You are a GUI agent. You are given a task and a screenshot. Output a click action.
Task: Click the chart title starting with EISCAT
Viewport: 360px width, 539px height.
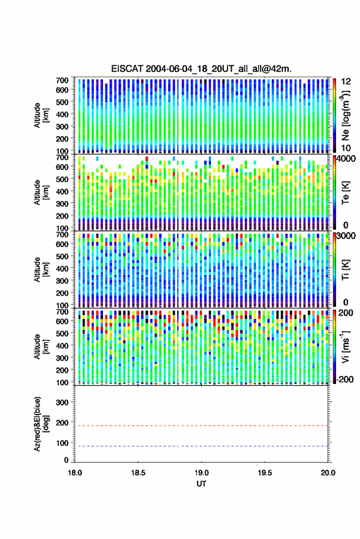[201, 69]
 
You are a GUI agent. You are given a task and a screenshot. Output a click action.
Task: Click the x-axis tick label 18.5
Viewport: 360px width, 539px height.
[138, 473]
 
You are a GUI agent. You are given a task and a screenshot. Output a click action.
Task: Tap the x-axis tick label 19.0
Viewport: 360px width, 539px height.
[201, 473]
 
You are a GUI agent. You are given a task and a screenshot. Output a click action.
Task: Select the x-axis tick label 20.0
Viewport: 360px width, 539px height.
[328, 473]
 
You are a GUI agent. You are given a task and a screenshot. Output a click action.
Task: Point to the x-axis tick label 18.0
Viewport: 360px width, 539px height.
[75, 473]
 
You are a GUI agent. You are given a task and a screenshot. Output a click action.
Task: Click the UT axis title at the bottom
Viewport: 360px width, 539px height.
[201, 484]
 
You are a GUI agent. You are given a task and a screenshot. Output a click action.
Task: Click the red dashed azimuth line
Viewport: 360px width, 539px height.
[201, 426]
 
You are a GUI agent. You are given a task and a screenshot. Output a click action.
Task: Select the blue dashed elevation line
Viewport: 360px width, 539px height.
[201, 446]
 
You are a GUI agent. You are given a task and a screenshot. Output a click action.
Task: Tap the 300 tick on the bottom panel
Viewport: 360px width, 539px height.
[62, 402]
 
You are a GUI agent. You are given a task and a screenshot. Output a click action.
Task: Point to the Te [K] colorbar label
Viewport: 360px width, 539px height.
[345, 193]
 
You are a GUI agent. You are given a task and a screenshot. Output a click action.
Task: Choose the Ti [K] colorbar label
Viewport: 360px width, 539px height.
[345, 270]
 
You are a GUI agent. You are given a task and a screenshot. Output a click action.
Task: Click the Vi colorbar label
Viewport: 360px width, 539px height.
[345, 346]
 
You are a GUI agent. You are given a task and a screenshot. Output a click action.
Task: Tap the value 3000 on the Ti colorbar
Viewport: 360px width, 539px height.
[347, 236]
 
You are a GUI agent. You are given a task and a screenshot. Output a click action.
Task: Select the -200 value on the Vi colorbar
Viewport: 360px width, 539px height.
[344, 379]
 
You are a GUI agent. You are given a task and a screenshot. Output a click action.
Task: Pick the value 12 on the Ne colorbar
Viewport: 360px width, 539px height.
[346, 82]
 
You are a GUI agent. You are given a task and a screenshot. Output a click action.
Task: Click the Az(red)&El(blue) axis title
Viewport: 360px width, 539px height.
[41, 424]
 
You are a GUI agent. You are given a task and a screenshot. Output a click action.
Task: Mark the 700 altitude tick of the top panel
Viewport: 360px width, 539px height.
[62, 80]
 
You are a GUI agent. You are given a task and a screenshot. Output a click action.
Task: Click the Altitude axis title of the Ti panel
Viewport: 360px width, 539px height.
[41, 270]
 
